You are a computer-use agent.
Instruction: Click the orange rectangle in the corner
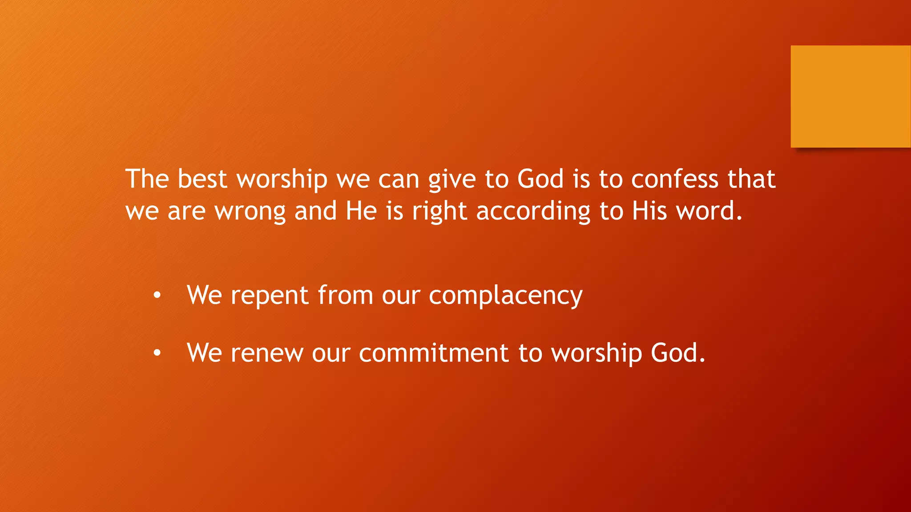tap(851, 96)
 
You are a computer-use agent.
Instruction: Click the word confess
tap(675, 179)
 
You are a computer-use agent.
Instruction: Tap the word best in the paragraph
tap(202, 179)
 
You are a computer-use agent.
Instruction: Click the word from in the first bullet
tap(345, 295)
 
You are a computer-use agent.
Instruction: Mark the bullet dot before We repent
tap(157, 296)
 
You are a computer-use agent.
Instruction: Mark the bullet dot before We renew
tap(157, 353)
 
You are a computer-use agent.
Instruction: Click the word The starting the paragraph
tap(147, 179)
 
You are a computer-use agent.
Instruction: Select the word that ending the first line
tap(751, 179)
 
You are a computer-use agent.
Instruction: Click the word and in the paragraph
tap(315, 211)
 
